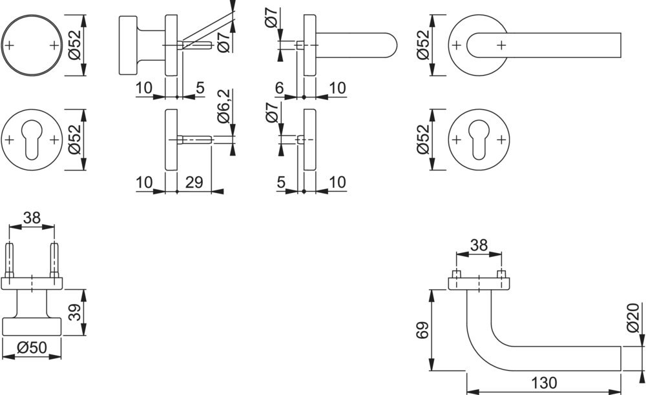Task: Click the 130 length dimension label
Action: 543,383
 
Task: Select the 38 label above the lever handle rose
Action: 478,246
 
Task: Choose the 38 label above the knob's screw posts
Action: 32,218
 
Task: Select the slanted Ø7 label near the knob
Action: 224,39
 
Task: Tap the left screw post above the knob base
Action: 11,258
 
